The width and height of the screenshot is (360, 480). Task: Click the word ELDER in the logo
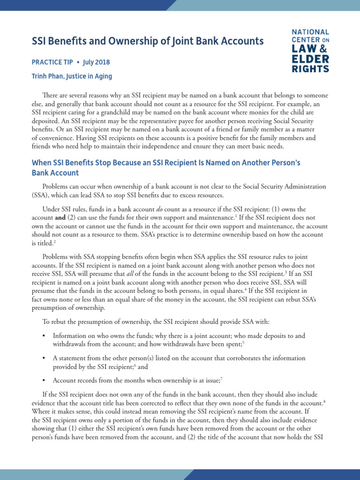[x=310, y=59]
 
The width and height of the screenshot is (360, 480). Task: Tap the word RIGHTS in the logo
[x=310, y=68]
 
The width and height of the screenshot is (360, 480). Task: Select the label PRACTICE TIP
[x=54, y=62]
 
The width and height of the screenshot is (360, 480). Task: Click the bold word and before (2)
[x=59, y=217]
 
